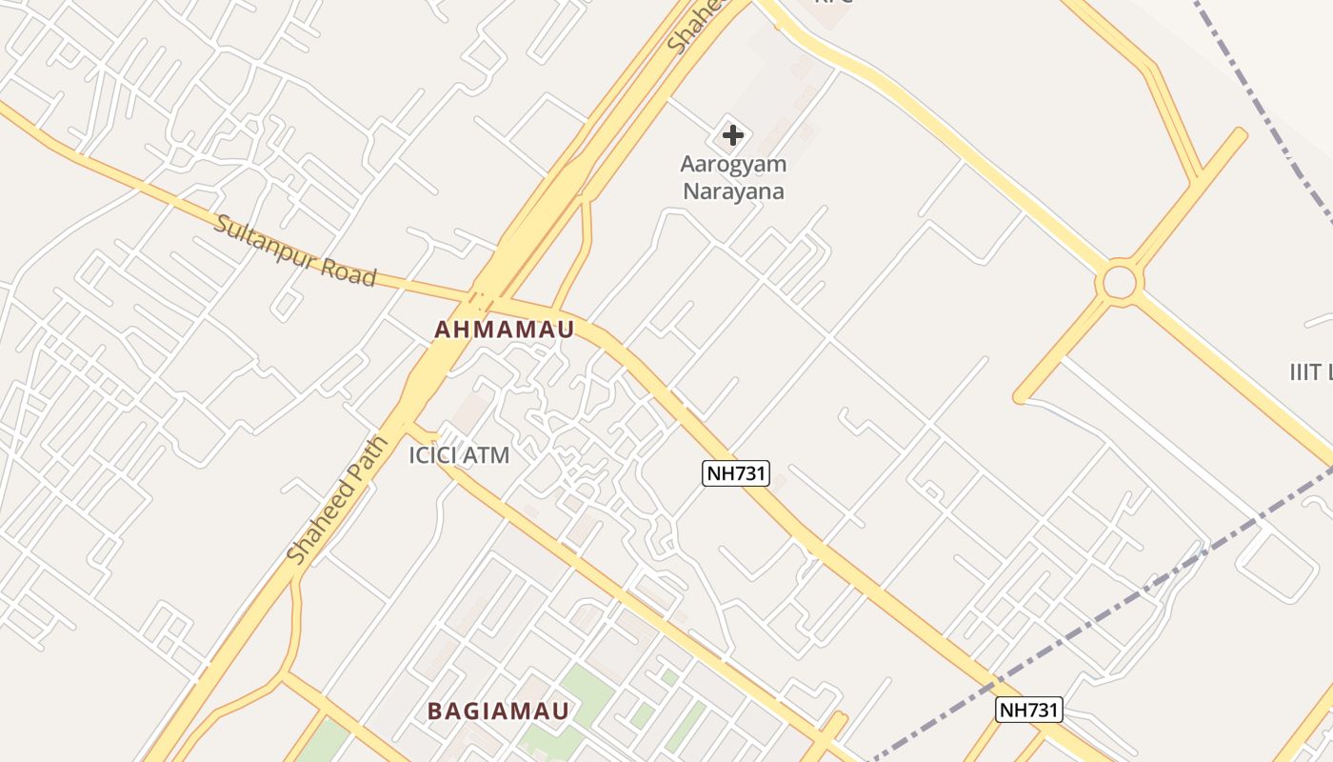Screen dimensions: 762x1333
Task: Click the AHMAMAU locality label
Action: [505, 330]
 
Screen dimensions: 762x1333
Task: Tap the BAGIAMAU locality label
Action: [498, 711]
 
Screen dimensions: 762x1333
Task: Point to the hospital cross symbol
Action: [732, 135]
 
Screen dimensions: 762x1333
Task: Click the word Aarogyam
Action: [733, 164]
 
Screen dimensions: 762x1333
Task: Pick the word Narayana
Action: [733, 190]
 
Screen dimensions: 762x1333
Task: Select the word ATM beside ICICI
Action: [487, 455]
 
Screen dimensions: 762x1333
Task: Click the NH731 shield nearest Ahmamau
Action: [735, 472]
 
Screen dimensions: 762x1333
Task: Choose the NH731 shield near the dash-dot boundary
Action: [1028, 710]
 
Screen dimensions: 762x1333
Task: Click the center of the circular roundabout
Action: [1120, 282]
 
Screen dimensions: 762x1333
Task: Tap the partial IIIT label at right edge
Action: [1310, 371]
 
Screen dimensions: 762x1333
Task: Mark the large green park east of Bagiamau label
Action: [581, 700]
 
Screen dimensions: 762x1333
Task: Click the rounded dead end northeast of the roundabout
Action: [1239, 134]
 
